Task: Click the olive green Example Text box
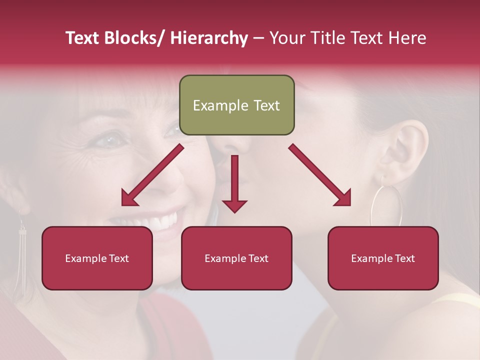(x=236, y=105)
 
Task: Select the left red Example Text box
(x=97, y=258)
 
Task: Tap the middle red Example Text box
(x=236, y=258)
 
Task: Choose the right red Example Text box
(x=383, y=258)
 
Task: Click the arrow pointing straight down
(x=234, y=185)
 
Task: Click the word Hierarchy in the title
(x=208, y=38)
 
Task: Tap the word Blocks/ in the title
(x=136, y=38)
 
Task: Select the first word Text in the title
(x=83, y=38)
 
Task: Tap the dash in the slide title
(x=258, y=38)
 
